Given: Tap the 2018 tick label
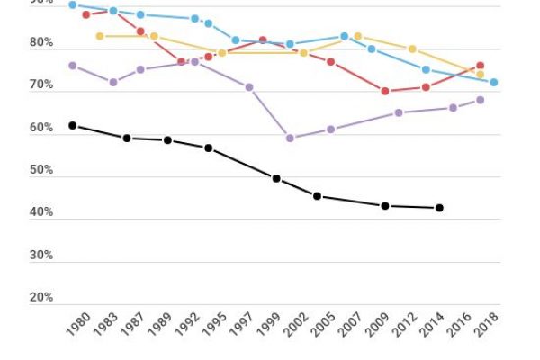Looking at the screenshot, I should [x=490, y=323].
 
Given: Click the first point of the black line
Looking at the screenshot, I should [x=72, y=125].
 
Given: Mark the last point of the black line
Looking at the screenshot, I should [x=439, y=208].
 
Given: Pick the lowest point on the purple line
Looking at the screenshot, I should [x=290, y=138].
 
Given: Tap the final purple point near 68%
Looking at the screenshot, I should [x=481, y=100].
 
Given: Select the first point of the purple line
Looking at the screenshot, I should [x=72, y=66].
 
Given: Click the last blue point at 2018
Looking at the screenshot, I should [x=493, y=82].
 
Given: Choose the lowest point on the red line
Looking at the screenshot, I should [x=384, y=91].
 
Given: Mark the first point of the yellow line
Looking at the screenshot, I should [x=99, y=36].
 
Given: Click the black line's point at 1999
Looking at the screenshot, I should [x=276, y=178].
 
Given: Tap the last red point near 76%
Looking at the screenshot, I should [x=481, y=66].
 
